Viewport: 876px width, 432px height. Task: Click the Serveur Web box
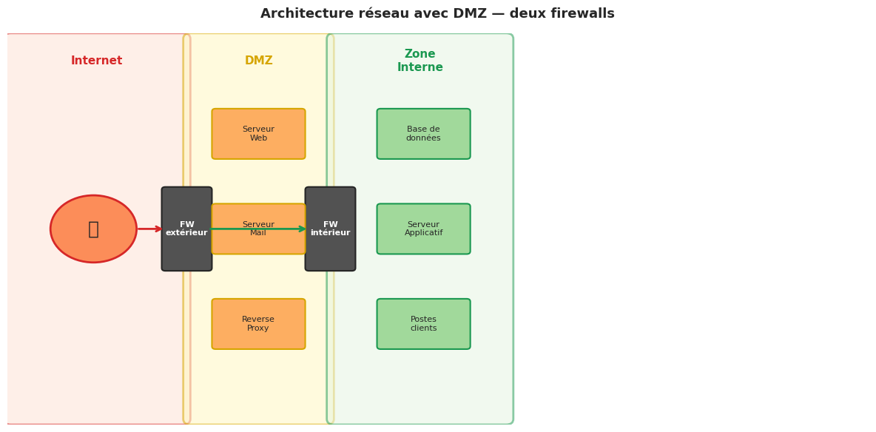(x=258, y=134)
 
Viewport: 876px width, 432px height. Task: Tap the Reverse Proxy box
(x=258, y=324)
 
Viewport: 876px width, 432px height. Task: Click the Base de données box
(x=423, y=134)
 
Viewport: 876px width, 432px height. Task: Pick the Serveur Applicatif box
(x=423, y=229)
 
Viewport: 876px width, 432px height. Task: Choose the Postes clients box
(x=423, y=324)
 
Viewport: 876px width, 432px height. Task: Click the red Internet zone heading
(x=97, y=61)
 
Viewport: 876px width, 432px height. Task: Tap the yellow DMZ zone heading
(x=259, y=61)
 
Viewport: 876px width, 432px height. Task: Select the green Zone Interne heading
(x=420, y=61)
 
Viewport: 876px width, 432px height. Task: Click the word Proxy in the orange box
(x=258, y=328)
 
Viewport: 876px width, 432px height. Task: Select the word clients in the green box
(x=423, y=328)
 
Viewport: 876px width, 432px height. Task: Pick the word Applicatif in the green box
(x=423, y=233)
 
